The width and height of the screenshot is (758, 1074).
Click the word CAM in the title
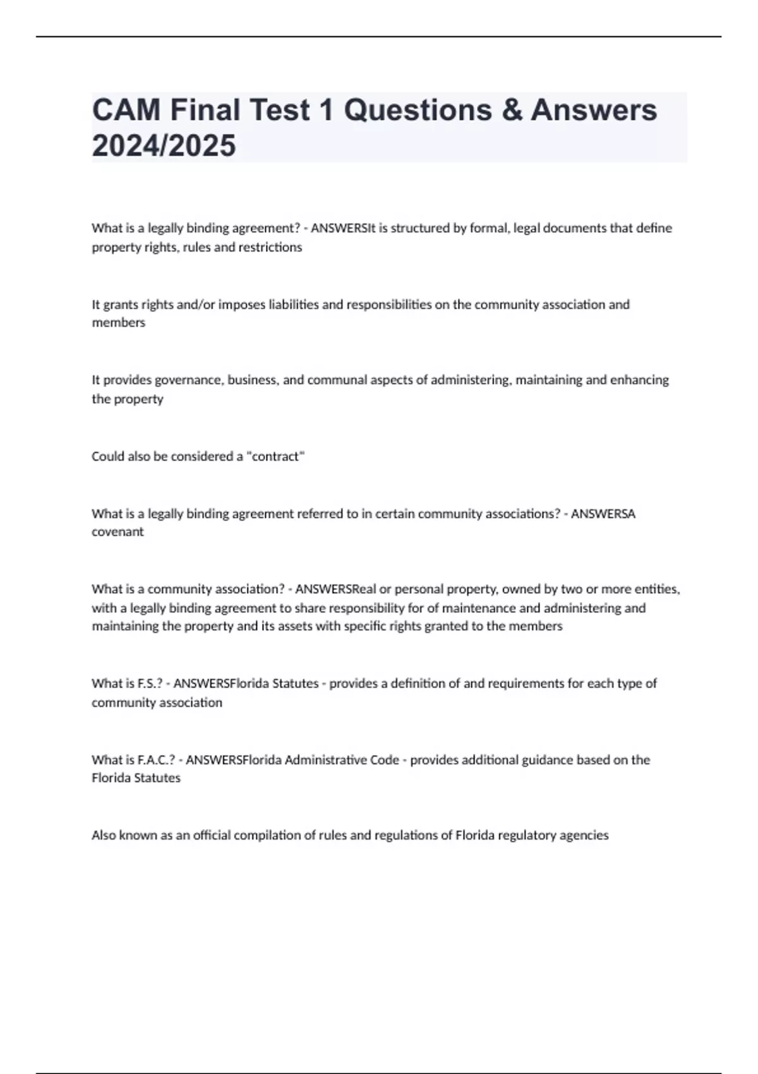click(x=126, y=110)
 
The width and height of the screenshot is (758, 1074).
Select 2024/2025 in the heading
click(x=164, y=145)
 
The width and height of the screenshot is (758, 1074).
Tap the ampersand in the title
click(x=512, y=110)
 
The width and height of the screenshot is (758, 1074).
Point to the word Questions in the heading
click(x=418, y=110)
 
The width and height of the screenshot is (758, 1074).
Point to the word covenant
click(x=117, y=532)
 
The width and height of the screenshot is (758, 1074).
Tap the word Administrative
click(x=325, y=759)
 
